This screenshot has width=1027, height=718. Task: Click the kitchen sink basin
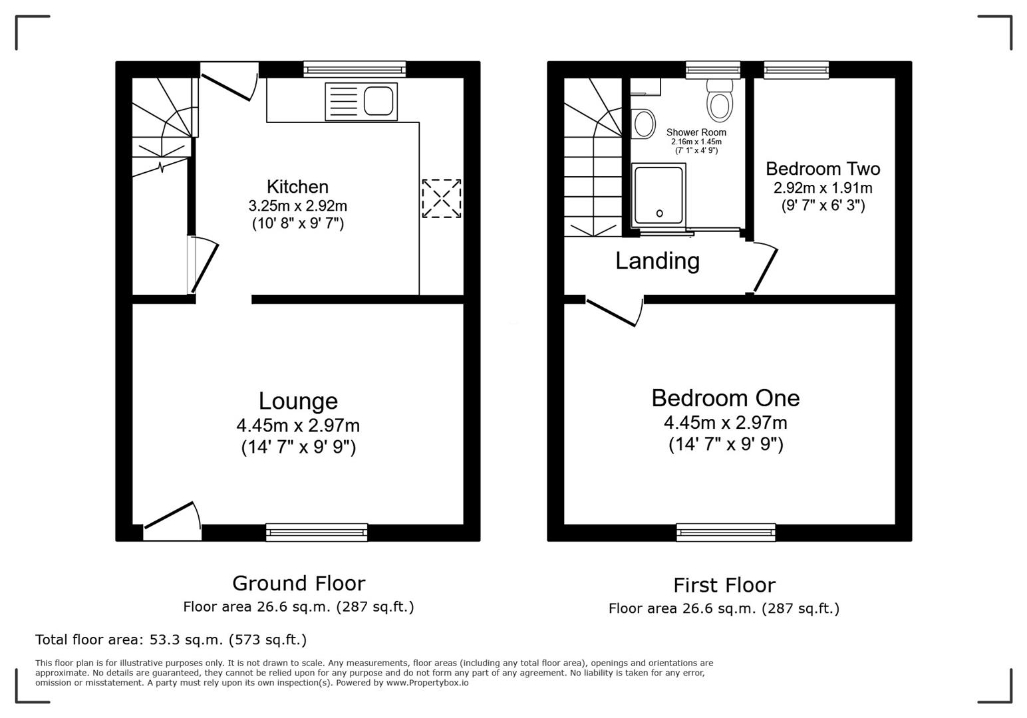click(378, 101)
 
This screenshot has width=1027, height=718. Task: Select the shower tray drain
click(660, 213)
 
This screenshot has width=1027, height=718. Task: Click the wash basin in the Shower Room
click(643, 124)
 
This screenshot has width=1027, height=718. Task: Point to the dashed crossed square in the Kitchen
click(442, 198)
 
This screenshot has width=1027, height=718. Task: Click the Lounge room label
click(298, 401)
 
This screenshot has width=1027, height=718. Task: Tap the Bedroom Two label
click(823, 168)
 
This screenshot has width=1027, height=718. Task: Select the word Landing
click(657, 261)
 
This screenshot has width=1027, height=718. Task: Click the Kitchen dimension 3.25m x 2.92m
click(298, 205)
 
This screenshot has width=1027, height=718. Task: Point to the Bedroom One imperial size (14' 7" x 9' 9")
click(726, 444)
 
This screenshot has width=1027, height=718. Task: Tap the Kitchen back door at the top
click(227, 84)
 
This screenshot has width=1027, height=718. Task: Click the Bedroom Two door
click(764, 269)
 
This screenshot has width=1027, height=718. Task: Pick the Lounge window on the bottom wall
click(317, 532)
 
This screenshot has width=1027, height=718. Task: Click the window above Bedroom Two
click(796, 69)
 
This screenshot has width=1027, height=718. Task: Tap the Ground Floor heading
click(299, 583)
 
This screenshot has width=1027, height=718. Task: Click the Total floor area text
click(171, 640)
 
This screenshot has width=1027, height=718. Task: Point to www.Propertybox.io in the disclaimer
click(427, 683)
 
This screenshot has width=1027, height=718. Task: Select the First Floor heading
click(724, 585)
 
